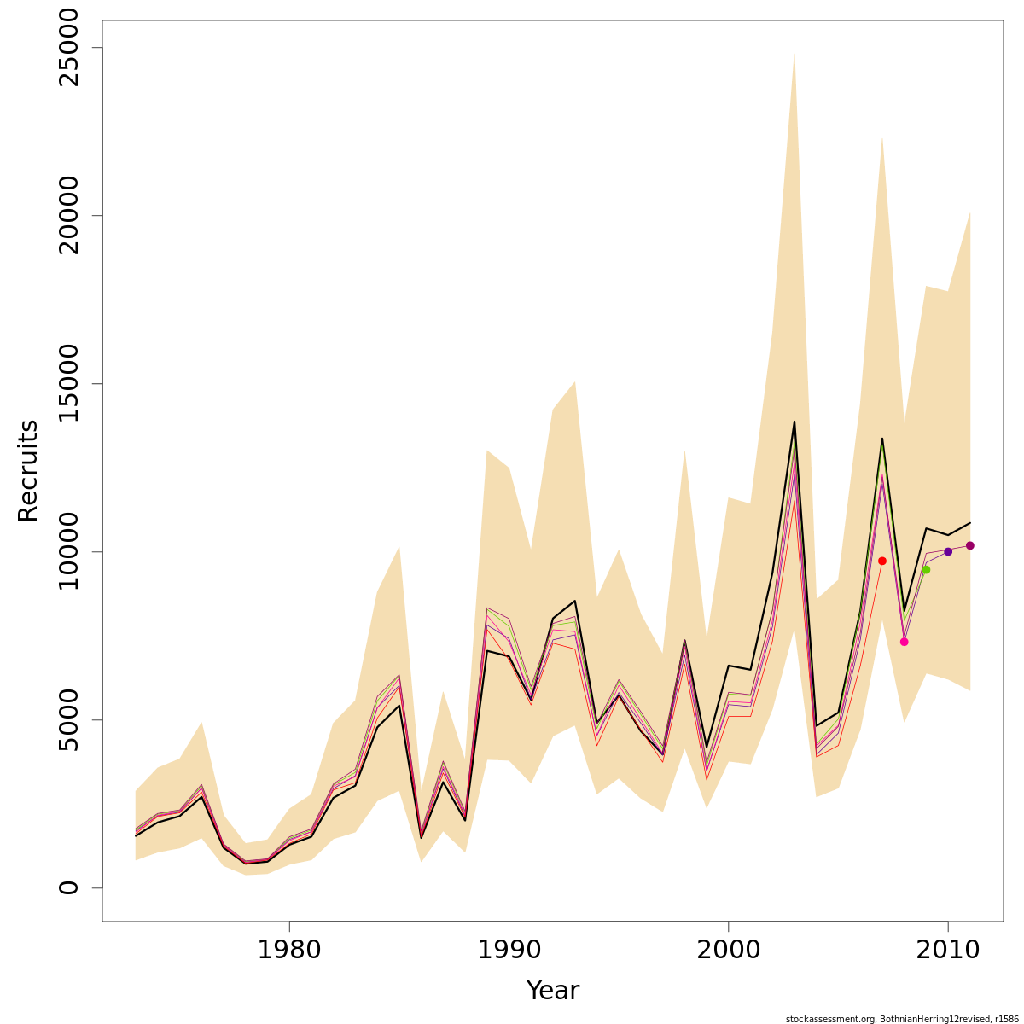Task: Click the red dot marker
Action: [x=882, y=561]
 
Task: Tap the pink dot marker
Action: [x=904, y=642]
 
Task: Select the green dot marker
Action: [x=926, y=569]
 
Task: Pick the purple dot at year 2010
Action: [x=948, y=551]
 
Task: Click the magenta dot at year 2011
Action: [x=970, y=545]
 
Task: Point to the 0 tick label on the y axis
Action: [x=68, y=887]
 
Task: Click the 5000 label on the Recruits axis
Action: [x=68, y=719]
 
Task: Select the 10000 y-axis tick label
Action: [x=68, y=551]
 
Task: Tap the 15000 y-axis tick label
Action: [x=68, y=383]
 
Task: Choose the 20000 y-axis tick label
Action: [x=68, y=215]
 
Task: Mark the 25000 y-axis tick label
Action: [x=68, y=48]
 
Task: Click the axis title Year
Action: [x=552, y=991]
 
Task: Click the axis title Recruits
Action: [x=28, y=470]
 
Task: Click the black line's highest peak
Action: [x=794, y=422]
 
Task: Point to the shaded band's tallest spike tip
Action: [x=794, y=53]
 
